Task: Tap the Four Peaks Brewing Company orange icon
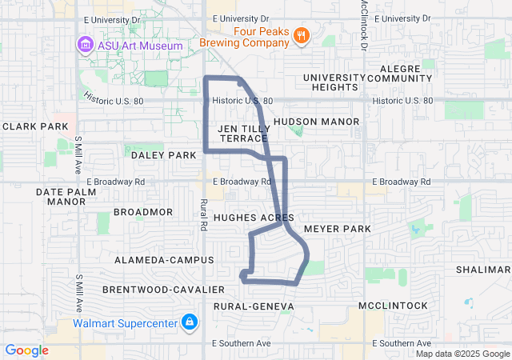coord(301,35)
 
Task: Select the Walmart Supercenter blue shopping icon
coord(189,323)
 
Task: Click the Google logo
coord(26,350)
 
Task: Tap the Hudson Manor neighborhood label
coord(316,122)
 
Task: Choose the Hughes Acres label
coord(254,218)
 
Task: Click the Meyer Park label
coord(338,229)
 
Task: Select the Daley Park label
coord(163,155)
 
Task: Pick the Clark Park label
coord(35,126)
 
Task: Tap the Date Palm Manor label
coord(60,197)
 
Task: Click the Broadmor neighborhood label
coord(143,212)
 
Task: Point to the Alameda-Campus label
coord(164,260)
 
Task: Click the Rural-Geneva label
coord(254,306)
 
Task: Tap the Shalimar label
coord(483,270)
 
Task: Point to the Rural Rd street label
coord(204,214)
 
